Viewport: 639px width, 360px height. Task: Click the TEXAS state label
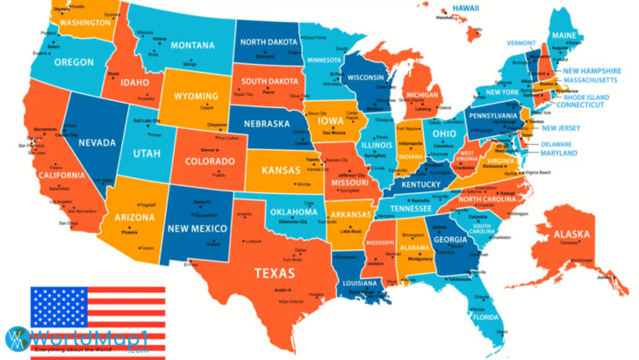(274, 273)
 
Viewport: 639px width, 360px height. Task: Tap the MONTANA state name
(192, 46)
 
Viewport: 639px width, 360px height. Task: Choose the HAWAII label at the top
(464, 7)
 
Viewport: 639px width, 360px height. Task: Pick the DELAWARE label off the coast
(556, 144)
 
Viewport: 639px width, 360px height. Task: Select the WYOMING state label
(209, 96)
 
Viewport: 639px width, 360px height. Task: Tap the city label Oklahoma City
(293, 221)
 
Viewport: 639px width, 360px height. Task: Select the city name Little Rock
(351, 231)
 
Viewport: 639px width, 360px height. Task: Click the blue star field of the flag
(60, 308)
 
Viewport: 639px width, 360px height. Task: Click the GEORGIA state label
(449, 240)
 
